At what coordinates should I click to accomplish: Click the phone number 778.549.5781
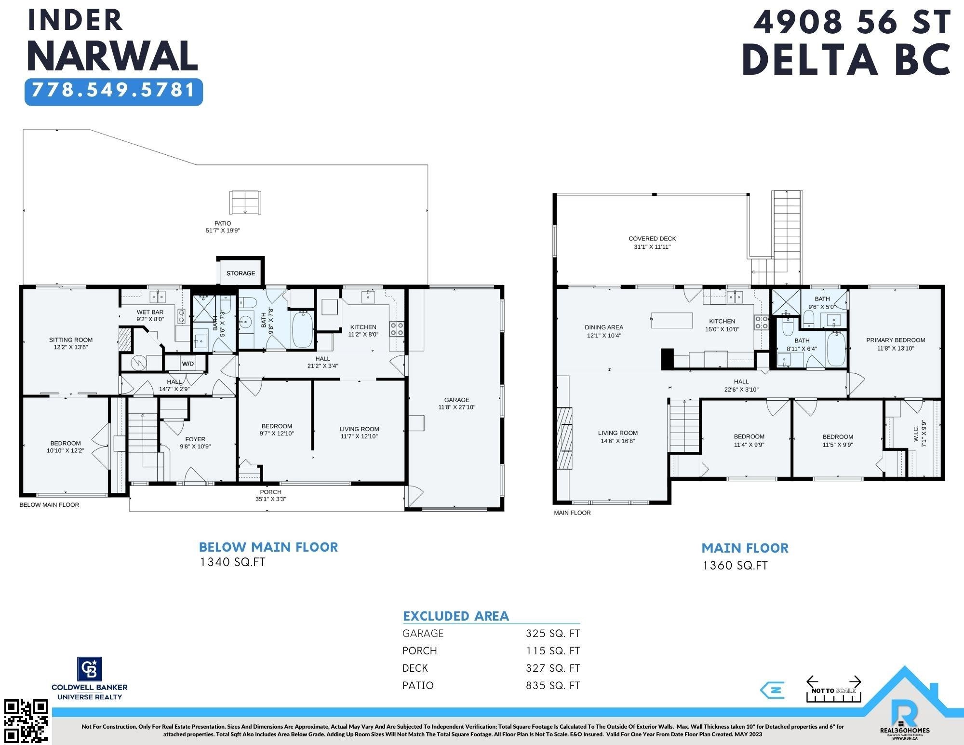(x=114, y=90)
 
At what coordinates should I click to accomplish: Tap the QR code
(x=26, y=721)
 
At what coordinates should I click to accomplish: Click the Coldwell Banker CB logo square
(x=90, y=669)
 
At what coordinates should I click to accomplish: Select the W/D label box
(x=188, y=364)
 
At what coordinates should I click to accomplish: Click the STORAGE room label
(x=241, y=273)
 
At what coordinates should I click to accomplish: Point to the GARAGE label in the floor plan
(x=457, y=400)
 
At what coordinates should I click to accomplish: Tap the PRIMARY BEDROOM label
(x=896, y=340)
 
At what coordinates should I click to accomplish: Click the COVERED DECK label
(x=652, y=239)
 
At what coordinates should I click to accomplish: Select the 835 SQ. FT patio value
(x=553, y=685)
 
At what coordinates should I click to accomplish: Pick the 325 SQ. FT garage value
(x=553, y=633)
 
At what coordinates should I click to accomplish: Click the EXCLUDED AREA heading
(x=456, y=616)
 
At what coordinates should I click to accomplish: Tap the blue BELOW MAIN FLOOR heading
(x=268, y=547)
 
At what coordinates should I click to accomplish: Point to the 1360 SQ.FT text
(x=735, y=565)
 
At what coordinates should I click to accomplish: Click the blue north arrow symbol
(x=772, y=690)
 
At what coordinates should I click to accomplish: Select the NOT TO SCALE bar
(x=834, y=690)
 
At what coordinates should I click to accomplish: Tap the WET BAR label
(x=150, y=312)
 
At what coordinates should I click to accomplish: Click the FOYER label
(x=195, y=439)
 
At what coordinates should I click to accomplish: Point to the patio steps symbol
(x=245, y=203)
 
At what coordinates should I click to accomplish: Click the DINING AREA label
(x=604, y=327)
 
